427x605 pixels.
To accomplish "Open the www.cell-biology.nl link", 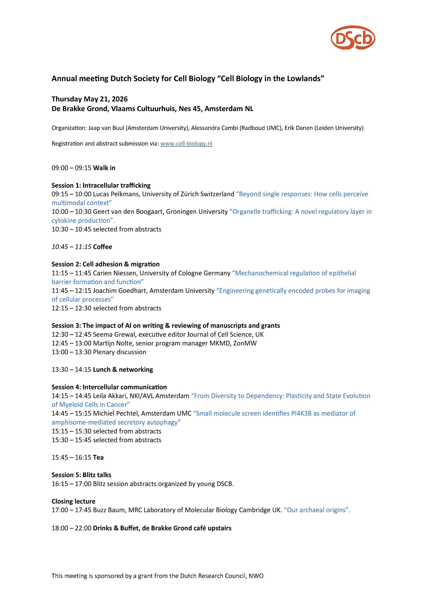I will (186, 144).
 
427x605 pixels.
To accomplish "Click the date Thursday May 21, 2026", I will (90, 99).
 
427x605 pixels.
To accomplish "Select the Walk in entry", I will (104, 168).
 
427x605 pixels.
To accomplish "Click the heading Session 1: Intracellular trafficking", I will (101, 186).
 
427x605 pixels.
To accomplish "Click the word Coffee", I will (103, 247).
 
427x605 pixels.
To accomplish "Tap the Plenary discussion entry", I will (119, 352).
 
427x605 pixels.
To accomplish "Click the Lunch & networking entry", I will (123, 370).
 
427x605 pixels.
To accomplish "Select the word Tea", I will (98, 458).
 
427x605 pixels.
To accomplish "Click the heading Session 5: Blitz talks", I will (81, 475).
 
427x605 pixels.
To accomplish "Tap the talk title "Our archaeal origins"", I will (317, 510).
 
